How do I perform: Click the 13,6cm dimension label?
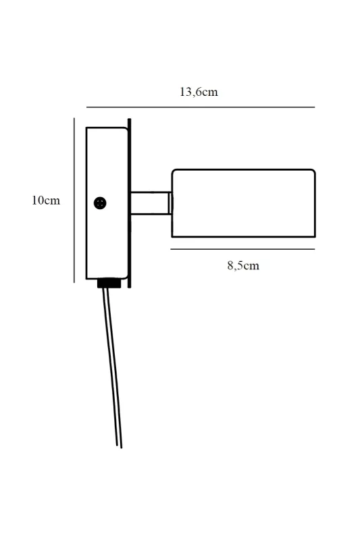pyautogui.click(x=199, y=92)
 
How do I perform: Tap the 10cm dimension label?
pyautogui.click(x=46, y=200)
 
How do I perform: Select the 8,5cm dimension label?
pyautogui.click(x=243, y=265)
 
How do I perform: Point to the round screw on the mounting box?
pyautogui.click(x=100, y=203)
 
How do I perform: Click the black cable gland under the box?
pyautogui.click(x=109, y=283)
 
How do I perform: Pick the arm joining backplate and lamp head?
pyautogui.click(x=150, y=203)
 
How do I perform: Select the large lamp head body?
pyautogui.click(x=244, y=203)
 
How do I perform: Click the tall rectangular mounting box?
pyautogui.click(x=107, y=203)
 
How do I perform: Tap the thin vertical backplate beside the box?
pyautogui.click(x=129, y=203)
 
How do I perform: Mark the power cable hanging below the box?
pyautogui.click(x=112, y=367)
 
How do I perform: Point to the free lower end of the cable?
pyautogui.click(x=119, y=447)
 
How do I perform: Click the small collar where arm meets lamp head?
pyautogui.click(x=170, y=203)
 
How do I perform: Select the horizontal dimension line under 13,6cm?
pyautogui.click(x=201, y=107)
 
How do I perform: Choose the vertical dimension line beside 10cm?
pyautogui.click(x=74, y=200)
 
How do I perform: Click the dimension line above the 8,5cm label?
pyautogui.click(x=242, y=249)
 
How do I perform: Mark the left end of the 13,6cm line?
pyautogui.click(x=87, y=107)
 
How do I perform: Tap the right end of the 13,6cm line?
pyautogui.click(x=315, y=107)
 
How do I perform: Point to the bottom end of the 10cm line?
pyautogui.click(x=74, y=282)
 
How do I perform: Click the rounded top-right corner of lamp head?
pyautogui.click(x=313, y=171)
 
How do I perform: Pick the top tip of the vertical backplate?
pyautogui.click(x=129, y=119)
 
